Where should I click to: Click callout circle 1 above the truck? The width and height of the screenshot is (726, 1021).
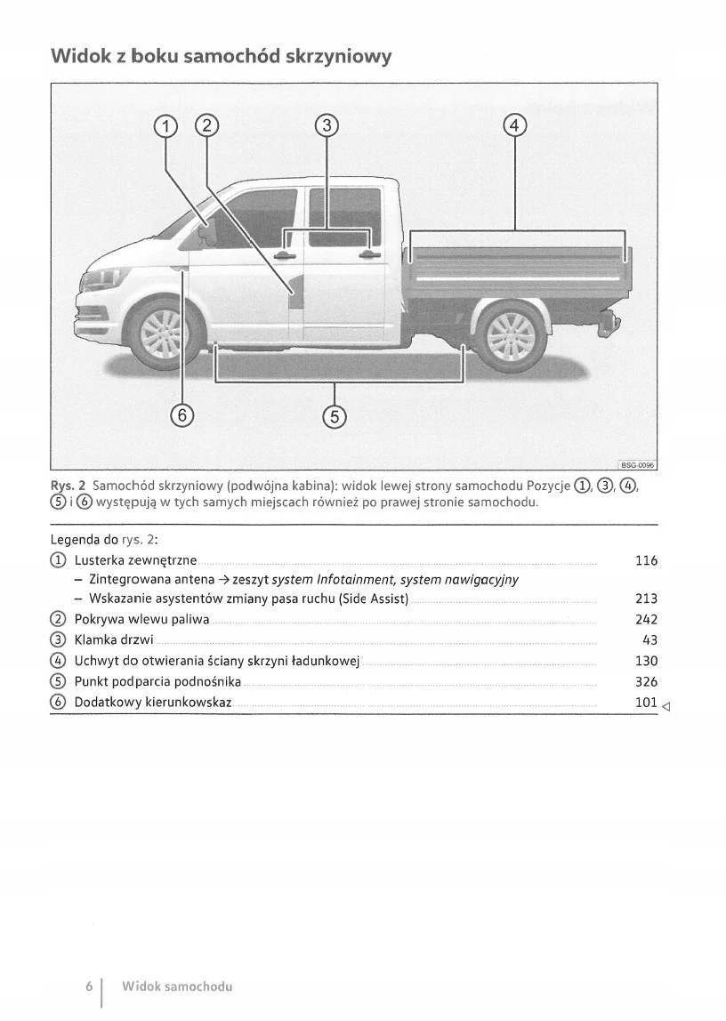(x=165, y=125)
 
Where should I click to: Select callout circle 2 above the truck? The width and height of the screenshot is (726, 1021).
(x=206, y=125)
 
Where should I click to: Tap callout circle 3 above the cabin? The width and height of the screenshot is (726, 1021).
(x=327, y=125)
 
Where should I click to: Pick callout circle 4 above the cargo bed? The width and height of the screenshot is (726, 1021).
(x=515, y=125)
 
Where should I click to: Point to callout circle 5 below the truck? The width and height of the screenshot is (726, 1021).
(x=334, y=414)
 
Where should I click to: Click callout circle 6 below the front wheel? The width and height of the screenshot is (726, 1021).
(x=182, y=414)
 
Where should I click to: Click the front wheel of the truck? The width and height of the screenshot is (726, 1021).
(x=161, y=335)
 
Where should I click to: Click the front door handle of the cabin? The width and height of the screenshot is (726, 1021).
(x=285, y=256)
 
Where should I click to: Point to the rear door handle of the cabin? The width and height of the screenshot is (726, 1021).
(x=369, y=256)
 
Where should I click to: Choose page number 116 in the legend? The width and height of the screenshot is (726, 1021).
(x=646, y=560)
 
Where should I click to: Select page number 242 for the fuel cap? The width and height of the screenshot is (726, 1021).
(x=646, y=620)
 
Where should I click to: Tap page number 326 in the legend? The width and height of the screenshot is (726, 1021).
(x=646, y=682)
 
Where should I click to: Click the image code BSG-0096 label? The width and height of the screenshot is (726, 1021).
(x=636, y=464)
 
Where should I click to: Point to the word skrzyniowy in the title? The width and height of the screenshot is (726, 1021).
(x=338, y=57)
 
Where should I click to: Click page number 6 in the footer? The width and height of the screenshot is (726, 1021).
(x=89, y=987)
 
